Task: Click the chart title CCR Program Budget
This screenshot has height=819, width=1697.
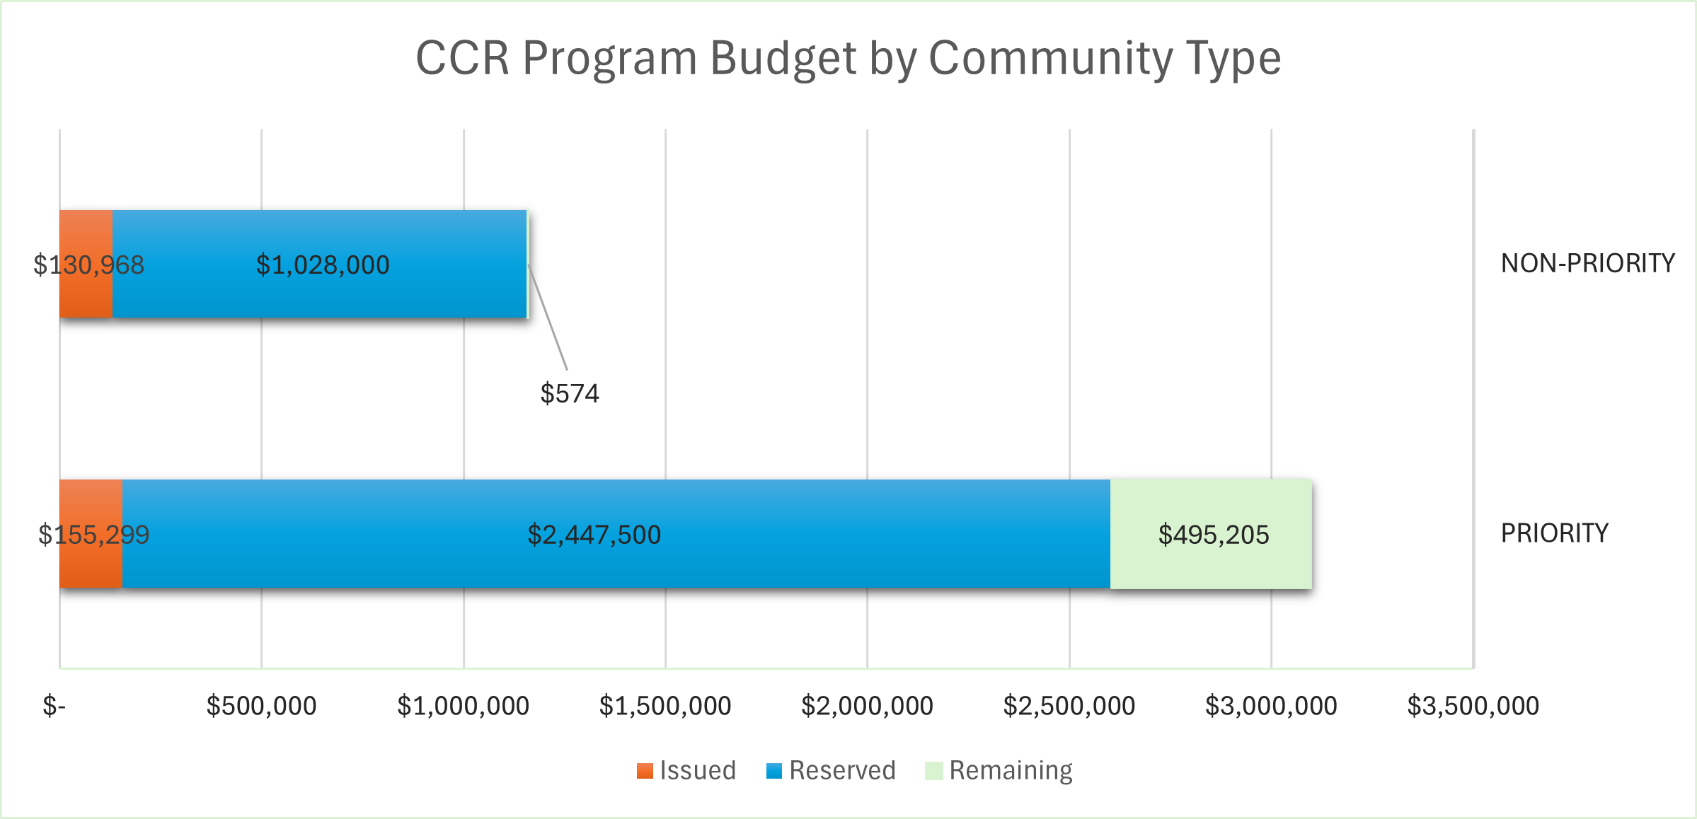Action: pyautogui.click(x=848, y=58)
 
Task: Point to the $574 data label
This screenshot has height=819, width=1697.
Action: pyautogui.click(x=570, y=393)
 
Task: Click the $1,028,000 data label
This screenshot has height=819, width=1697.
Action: pyautogui.click(x=323, y=265)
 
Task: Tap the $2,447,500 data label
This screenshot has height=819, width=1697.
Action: pyautogui.click(x=594, y=535)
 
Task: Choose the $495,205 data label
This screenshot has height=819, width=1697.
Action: pyautogui.click(x=1213, y=535)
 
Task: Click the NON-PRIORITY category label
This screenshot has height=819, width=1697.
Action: pyautogui.click(x=1587, y=264)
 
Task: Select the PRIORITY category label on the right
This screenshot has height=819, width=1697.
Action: pyautogui.click(x=1554, y=533)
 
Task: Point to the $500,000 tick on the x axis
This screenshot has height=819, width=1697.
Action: pyautogui.click(x=261, y=706)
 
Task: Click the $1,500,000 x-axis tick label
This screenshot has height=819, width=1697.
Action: pyautogui.click(x=665, y=706)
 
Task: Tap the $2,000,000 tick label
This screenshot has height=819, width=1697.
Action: pyautogui.click(x=867, y=706)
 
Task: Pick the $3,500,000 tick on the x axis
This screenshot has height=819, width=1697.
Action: pyautogui.click(x=1473, y=706)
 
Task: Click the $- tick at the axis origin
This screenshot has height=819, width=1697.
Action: pyautogui.click(x=54, y=706)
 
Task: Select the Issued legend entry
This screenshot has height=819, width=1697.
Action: pyautogui.click(x=687, y=770)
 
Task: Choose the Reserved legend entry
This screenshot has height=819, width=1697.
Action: pyautogui.click(x=832, y=770)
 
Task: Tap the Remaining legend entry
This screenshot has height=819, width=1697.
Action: pyautogui.click(x=999, y=770)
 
